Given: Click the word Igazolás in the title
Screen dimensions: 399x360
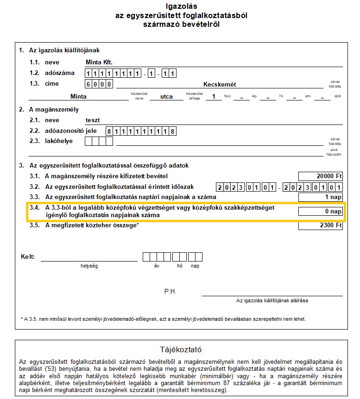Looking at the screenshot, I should (181, 6).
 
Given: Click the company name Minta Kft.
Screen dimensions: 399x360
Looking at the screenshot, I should (100, 62).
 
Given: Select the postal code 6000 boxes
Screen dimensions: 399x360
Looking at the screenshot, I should (99, 84).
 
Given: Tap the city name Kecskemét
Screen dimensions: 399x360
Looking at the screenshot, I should (220, 84).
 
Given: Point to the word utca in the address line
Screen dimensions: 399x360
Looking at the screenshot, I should (166, 97).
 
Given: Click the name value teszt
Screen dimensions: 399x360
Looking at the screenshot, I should (93, 120).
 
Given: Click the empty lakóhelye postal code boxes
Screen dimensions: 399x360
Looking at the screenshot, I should (99, 142).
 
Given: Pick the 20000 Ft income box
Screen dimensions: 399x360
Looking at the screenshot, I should (321, 176).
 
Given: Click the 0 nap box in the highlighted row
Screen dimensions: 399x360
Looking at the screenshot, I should (321, 212).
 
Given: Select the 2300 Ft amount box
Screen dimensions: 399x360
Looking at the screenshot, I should (321, 226).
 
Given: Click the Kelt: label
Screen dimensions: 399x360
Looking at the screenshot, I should (28, 256).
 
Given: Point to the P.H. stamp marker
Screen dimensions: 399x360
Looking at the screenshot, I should (171, 292).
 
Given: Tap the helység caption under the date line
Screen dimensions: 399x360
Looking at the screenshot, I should (89, 266).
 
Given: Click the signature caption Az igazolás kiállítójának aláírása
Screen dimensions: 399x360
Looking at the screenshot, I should (272, 300).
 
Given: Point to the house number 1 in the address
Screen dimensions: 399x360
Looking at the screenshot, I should (214, 97).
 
